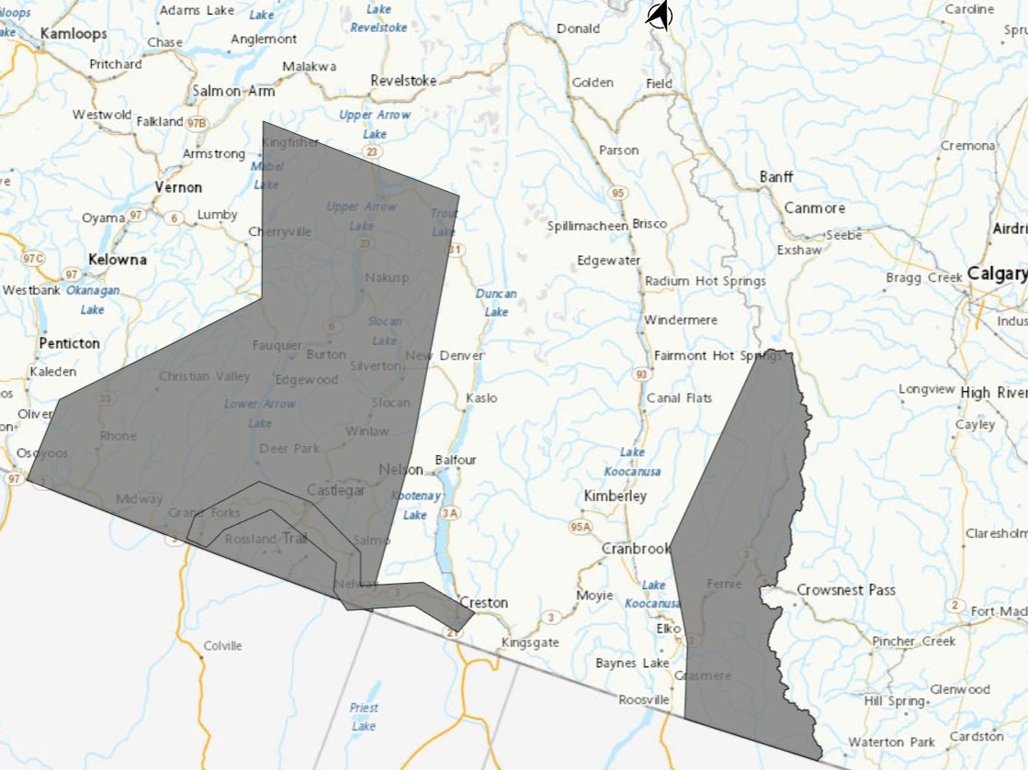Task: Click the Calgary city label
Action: coord(996,274)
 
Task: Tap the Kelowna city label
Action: coord(118,260)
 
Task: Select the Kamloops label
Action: coord(73,34)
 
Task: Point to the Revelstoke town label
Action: coord(403,81)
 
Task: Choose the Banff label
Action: coord(776,177)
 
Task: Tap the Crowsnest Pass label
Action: coord(845,590)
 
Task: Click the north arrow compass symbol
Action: coord(659,16)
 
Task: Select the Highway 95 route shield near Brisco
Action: coord(618,193)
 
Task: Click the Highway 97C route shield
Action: coord(33,258)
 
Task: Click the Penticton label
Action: coord(69,343)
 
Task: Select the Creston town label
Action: coord(483,603)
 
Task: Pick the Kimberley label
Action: coord(615,496)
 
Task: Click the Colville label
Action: coord(222,646)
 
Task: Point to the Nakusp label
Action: coord(386,277)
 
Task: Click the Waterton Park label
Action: coord(891,742)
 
